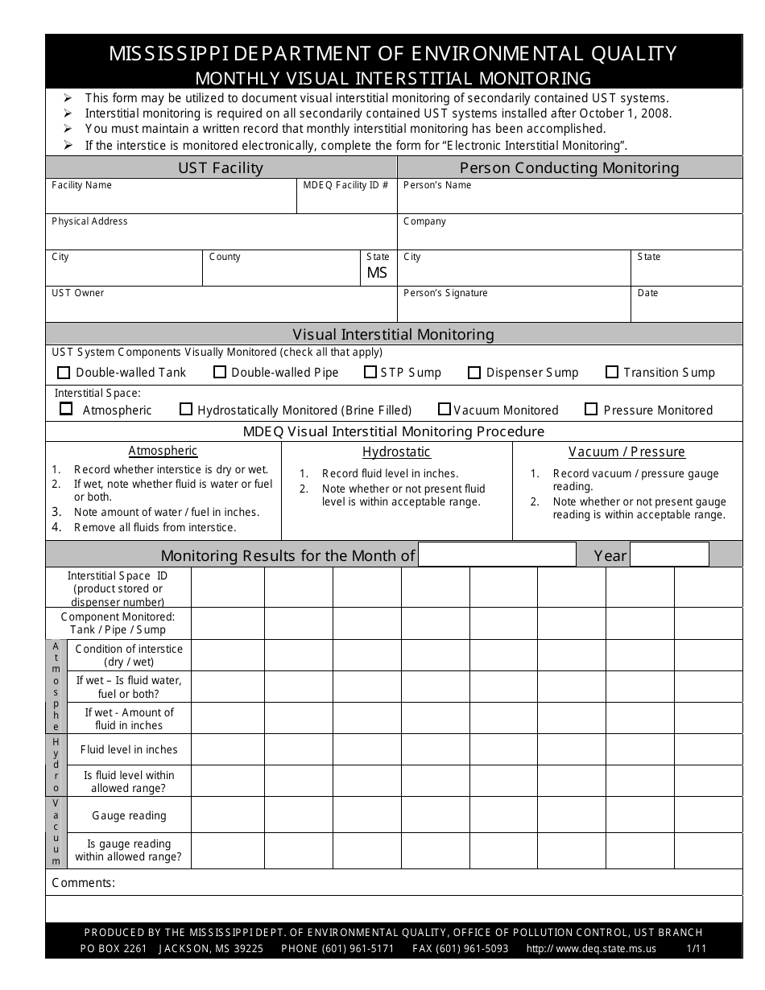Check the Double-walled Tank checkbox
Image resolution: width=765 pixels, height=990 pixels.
click(64, 372)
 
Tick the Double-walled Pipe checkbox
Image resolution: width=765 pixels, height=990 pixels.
click(219, 372)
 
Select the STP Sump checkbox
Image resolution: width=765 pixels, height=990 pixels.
click(370, 372)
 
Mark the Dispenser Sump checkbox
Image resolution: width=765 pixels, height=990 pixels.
click(473, 373)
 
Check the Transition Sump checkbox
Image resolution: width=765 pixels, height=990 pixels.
click(611, 372)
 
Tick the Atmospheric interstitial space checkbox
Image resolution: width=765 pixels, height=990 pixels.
click(66, 409)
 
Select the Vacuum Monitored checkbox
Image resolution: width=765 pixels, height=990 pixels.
click(445, 409)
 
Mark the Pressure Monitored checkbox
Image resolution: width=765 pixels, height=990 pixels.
click(591, 409)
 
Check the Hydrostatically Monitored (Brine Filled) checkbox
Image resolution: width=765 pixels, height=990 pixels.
click(186, 409)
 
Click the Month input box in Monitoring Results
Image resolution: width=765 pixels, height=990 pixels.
click(497, 555)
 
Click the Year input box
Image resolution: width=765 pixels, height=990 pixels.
click(669, 555)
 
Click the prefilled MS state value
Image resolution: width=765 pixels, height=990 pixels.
click(377, 273)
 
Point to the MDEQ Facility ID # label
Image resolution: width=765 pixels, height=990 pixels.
click(345, 185)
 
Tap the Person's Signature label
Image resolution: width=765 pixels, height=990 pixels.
click(445, 293)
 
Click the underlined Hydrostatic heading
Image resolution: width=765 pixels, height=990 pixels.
click(396, 452)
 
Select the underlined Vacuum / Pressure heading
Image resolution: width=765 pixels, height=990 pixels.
click(626, 452)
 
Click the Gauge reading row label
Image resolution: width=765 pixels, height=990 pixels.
click(129, 815)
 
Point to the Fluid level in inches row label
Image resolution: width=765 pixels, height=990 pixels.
click(129, 749)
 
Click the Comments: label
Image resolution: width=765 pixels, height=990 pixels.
click(84, 883)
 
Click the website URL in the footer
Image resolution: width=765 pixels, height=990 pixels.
click(591, 949)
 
